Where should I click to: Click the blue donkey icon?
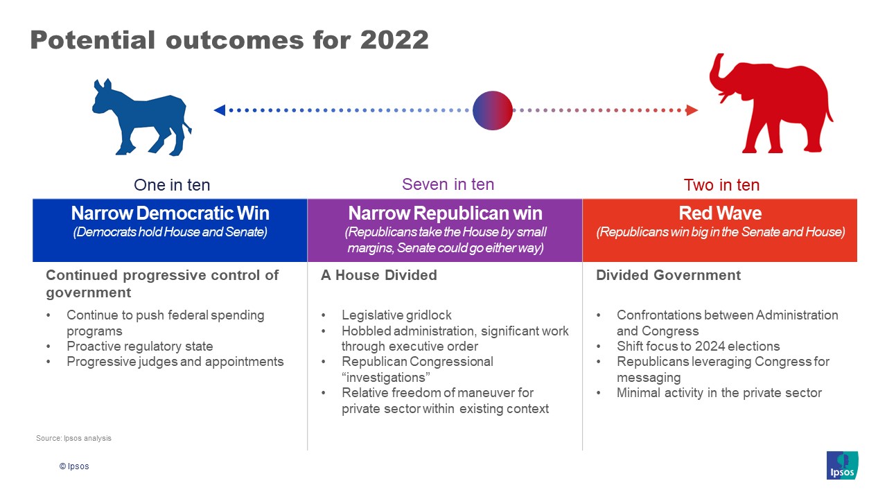pos(142,118)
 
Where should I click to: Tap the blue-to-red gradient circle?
pos(493,110)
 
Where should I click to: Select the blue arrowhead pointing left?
pos(220,110)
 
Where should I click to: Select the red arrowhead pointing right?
pos(692,110)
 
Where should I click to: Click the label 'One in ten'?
pos(172,185)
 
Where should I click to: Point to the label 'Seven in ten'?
pos(448,184)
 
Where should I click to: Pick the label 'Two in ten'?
pos(721,185)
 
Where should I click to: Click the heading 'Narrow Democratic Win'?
pos(170,213)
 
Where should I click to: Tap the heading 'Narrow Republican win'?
pos(445,213)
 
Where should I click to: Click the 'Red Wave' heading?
pos(720,213)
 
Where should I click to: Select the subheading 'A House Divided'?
pos(379,275)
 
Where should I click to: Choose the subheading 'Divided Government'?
pos(668,275)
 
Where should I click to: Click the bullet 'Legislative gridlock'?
pos(396,315)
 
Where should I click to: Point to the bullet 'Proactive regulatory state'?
pos(140,346)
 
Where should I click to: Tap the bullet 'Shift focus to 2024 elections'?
pos(698,346)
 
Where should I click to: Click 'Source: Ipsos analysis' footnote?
pos(73,438)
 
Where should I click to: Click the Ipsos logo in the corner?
pos(842,465)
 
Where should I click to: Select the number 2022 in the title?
pos(394,40)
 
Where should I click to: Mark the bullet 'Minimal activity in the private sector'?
pos(719,393)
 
